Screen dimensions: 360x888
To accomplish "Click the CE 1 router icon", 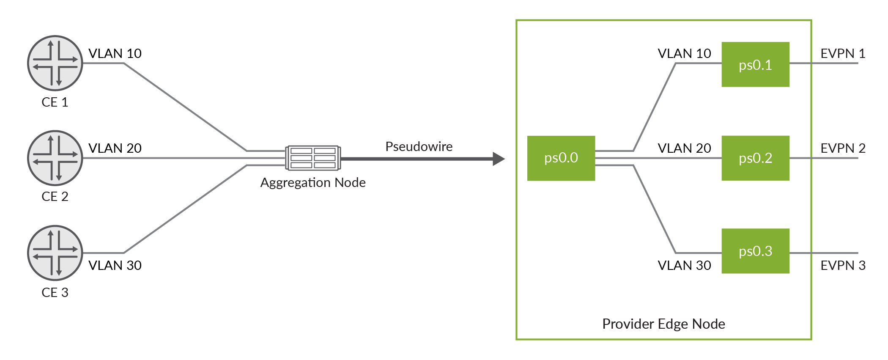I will [55, 63].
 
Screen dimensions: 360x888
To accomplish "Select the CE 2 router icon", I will [55, 158].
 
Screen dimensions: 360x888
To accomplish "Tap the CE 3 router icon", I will [55, 253].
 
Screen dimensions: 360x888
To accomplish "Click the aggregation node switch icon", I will [313, 158].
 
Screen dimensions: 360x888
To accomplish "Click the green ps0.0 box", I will [561, 158].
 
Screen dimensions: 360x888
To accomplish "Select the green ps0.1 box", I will [755, 64].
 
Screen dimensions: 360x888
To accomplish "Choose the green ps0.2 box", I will [755, 158].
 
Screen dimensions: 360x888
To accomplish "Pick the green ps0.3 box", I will [755, 251].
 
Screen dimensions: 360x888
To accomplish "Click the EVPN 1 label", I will [842, 54].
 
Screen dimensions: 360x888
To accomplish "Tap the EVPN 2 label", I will [842, 148].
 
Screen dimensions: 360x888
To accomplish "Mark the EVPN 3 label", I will [842, 265].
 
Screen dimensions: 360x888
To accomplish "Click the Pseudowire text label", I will [419, 147].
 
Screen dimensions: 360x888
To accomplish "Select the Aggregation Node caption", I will [313, 182].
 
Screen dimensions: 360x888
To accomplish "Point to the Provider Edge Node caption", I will [663, 324].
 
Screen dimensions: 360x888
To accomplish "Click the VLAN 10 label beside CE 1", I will [115, 54].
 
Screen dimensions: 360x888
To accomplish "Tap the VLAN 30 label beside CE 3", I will [115, 265].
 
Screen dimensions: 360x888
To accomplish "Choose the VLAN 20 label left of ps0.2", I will [684, 148].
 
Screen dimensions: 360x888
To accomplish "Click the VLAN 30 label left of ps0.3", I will [684, 265].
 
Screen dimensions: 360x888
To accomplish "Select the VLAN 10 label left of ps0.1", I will [684, 54].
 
